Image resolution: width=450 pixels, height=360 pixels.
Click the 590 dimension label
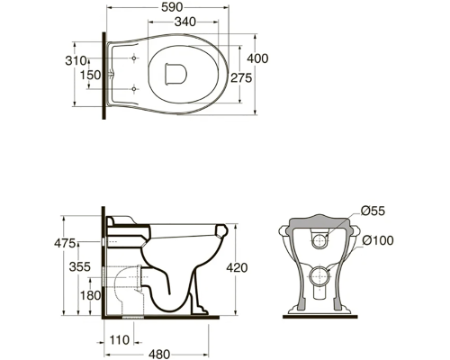coord(172,7)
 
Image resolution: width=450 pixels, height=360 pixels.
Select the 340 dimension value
coord(185,22)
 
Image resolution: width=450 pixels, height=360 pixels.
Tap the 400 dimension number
coord(257,58)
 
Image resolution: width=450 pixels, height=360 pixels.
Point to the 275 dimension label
coord(241,78)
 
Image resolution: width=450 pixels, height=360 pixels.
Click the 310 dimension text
coord(76,61)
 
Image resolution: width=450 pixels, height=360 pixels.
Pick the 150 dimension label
coord(90,75)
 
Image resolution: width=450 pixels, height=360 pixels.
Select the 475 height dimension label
coord(65,243)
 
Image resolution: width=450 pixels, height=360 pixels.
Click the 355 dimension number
coord(80,266)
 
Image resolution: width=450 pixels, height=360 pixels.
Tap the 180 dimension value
coord(90,295)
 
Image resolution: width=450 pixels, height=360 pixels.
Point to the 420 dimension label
coord(237,267)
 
